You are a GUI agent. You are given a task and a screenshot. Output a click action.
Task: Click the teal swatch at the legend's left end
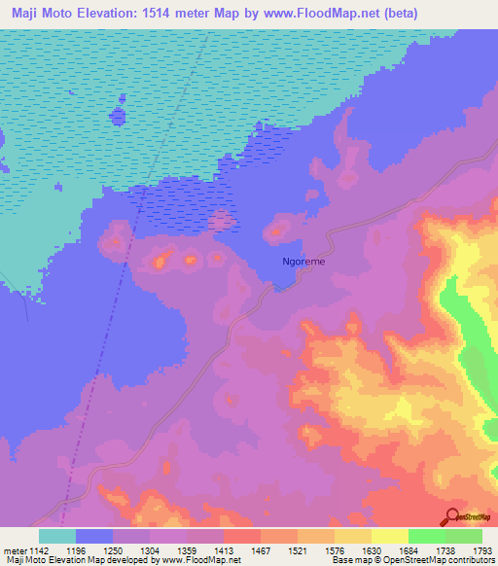pos(57,536)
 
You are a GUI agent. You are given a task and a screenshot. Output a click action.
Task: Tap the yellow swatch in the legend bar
pos(389,536)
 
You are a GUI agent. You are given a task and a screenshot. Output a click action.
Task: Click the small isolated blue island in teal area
pos(119,116)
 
